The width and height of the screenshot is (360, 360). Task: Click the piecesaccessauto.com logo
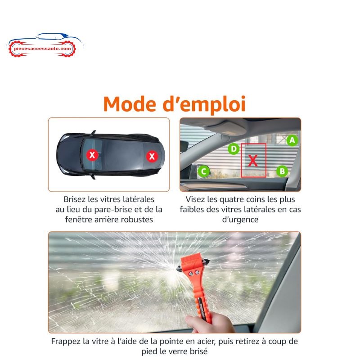(45, 45)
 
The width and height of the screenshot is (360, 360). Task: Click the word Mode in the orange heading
(130, 104)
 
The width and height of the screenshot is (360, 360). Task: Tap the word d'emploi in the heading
(204, 105)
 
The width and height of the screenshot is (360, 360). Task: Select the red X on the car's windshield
(92, 155)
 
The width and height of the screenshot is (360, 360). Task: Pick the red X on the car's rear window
(152, 157)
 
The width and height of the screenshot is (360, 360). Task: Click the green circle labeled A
(292, 140)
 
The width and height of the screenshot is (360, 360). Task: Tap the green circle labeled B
(282, 171)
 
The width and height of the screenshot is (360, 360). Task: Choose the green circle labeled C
(203, 171)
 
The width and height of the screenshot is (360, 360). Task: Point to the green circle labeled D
(234, 149)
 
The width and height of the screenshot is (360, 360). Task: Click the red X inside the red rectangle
(253, 161)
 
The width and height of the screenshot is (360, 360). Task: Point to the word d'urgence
(240, 220)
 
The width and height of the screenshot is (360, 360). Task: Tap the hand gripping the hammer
(209, 323)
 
